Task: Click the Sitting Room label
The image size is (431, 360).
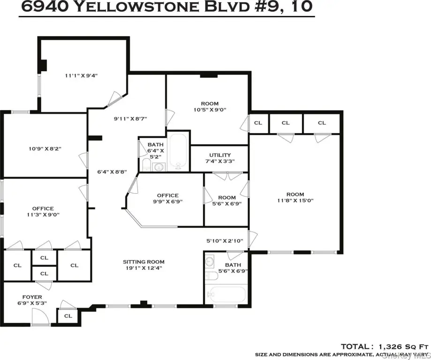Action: pos(144,262)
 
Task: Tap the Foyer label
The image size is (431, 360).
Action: pos(32,297)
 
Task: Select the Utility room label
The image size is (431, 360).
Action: pos(220,155)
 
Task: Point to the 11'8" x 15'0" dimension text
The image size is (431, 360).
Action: pos(295,201)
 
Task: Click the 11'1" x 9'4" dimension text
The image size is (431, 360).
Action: pos(81,75)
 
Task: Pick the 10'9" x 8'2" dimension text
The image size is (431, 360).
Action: pos(45,149)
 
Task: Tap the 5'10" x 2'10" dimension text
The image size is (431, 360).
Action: pos(225,241)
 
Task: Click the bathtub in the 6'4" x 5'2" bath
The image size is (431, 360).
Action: pos(178,152)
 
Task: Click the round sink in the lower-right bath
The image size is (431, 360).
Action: pos(210,261)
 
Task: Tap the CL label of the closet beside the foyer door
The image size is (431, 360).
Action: pos(68,316)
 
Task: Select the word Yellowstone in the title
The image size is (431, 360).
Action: pos(136,7)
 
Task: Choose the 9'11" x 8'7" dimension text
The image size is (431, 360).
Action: pos(130,119)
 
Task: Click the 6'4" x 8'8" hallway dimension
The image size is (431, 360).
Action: pos(112,172)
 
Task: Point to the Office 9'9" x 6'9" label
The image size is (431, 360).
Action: pos(168,198)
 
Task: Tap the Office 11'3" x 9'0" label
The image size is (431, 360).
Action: pos(43,211)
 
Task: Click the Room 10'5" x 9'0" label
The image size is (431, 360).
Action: pos(210,106)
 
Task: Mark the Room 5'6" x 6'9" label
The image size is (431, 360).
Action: pos(227,201)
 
